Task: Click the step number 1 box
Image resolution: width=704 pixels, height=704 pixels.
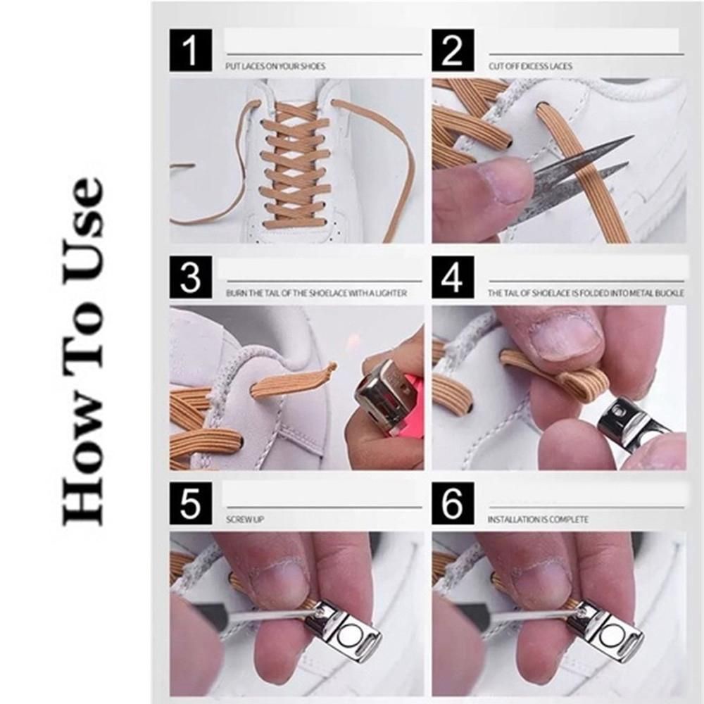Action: pos(190,50)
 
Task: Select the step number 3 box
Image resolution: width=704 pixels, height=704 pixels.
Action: pos(190,277)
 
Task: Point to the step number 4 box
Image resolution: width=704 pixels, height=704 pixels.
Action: pos(453,277)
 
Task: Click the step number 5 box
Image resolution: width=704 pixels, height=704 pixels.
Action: pos(190,503)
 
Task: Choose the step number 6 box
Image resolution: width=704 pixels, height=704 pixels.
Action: pos(453,503)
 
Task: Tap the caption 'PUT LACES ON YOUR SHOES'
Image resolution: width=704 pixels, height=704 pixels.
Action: pos(275,66)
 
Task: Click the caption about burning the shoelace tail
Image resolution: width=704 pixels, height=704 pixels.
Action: pos(316,293)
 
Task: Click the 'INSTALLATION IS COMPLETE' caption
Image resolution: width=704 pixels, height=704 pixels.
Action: pos(539,520)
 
